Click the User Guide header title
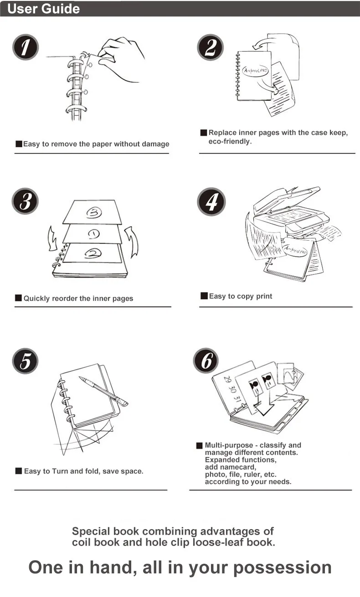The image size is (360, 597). tap(44, 9)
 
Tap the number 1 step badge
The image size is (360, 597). tap(26, 47)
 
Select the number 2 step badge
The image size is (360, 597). tap(210, 47)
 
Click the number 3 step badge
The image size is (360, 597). tap(26, 201)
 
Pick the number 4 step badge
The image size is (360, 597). tap(211, 201)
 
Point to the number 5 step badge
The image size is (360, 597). tap(26, 361)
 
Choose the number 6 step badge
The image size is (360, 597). tap(206, 361)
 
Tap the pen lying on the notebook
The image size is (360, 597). tap(103, 391)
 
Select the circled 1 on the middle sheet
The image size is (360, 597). tap(93, 234)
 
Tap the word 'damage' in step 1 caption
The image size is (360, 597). tap(154, 144)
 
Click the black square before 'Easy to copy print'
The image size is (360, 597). tap(204, 296)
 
